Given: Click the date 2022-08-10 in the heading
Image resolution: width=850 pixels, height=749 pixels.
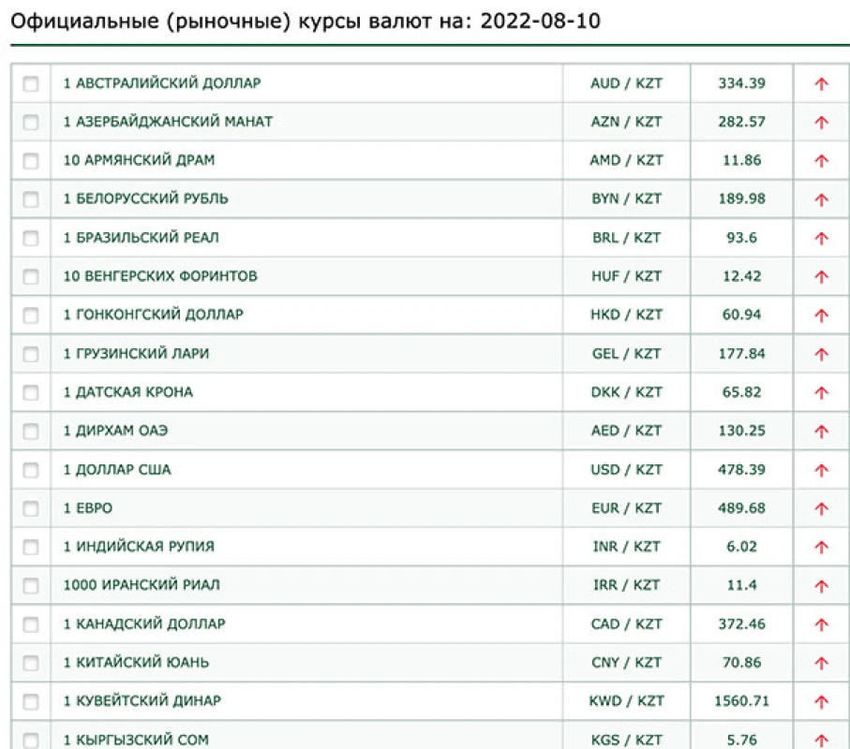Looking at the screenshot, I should [x=540, y=20].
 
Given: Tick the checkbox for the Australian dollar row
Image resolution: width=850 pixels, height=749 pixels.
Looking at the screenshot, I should [x=31, y=83].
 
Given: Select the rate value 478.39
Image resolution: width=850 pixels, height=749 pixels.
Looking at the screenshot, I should [x=741, y=469].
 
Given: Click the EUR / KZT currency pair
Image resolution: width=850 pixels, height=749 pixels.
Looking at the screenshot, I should [x=626, y=507].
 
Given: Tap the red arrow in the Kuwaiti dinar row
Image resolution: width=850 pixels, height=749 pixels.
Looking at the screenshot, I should [x=822, y=701].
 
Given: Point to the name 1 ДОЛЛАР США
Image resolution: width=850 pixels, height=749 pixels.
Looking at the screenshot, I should [x=117, y=469].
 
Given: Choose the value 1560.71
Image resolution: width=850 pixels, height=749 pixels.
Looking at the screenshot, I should [x=741, y=700].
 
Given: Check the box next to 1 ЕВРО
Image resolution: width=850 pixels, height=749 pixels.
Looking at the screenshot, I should [x=31, y=508].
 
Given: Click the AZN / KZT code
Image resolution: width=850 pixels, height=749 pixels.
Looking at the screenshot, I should [x=626, y=122].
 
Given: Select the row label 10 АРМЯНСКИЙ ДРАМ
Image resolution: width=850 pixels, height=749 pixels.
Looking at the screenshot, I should [x=139, y=160].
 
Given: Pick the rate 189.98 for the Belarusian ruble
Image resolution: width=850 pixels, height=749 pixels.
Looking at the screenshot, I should [x=741, y=198].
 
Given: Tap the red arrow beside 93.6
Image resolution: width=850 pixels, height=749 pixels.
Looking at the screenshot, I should [x=822, y=238].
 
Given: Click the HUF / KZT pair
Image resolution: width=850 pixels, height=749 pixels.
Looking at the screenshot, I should [x=626, y=276].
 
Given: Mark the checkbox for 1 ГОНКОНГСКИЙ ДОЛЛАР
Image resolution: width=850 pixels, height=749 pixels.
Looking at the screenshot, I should [x=31, y=316].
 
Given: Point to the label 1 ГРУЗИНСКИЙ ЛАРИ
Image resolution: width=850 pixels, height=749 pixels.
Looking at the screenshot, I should [x=137, y=353].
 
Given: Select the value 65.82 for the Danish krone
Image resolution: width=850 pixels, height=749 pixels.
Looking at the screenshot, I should [x=741, y=391].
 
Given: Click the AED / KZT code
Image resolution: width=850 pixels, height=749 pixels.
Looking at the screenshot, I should [x=626, y=431].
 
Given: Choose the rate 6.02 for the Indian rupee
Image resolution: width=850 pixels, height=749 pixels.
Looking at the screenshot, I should [x=741, y=546].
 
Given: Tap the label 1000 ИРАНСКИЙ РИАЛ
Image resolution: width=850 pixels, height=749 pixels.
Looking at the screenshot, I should [x=142, y=585].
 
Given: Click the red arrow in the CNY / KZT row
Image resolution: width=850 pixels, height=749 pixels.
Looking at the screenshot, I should [x=822, y=663].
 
